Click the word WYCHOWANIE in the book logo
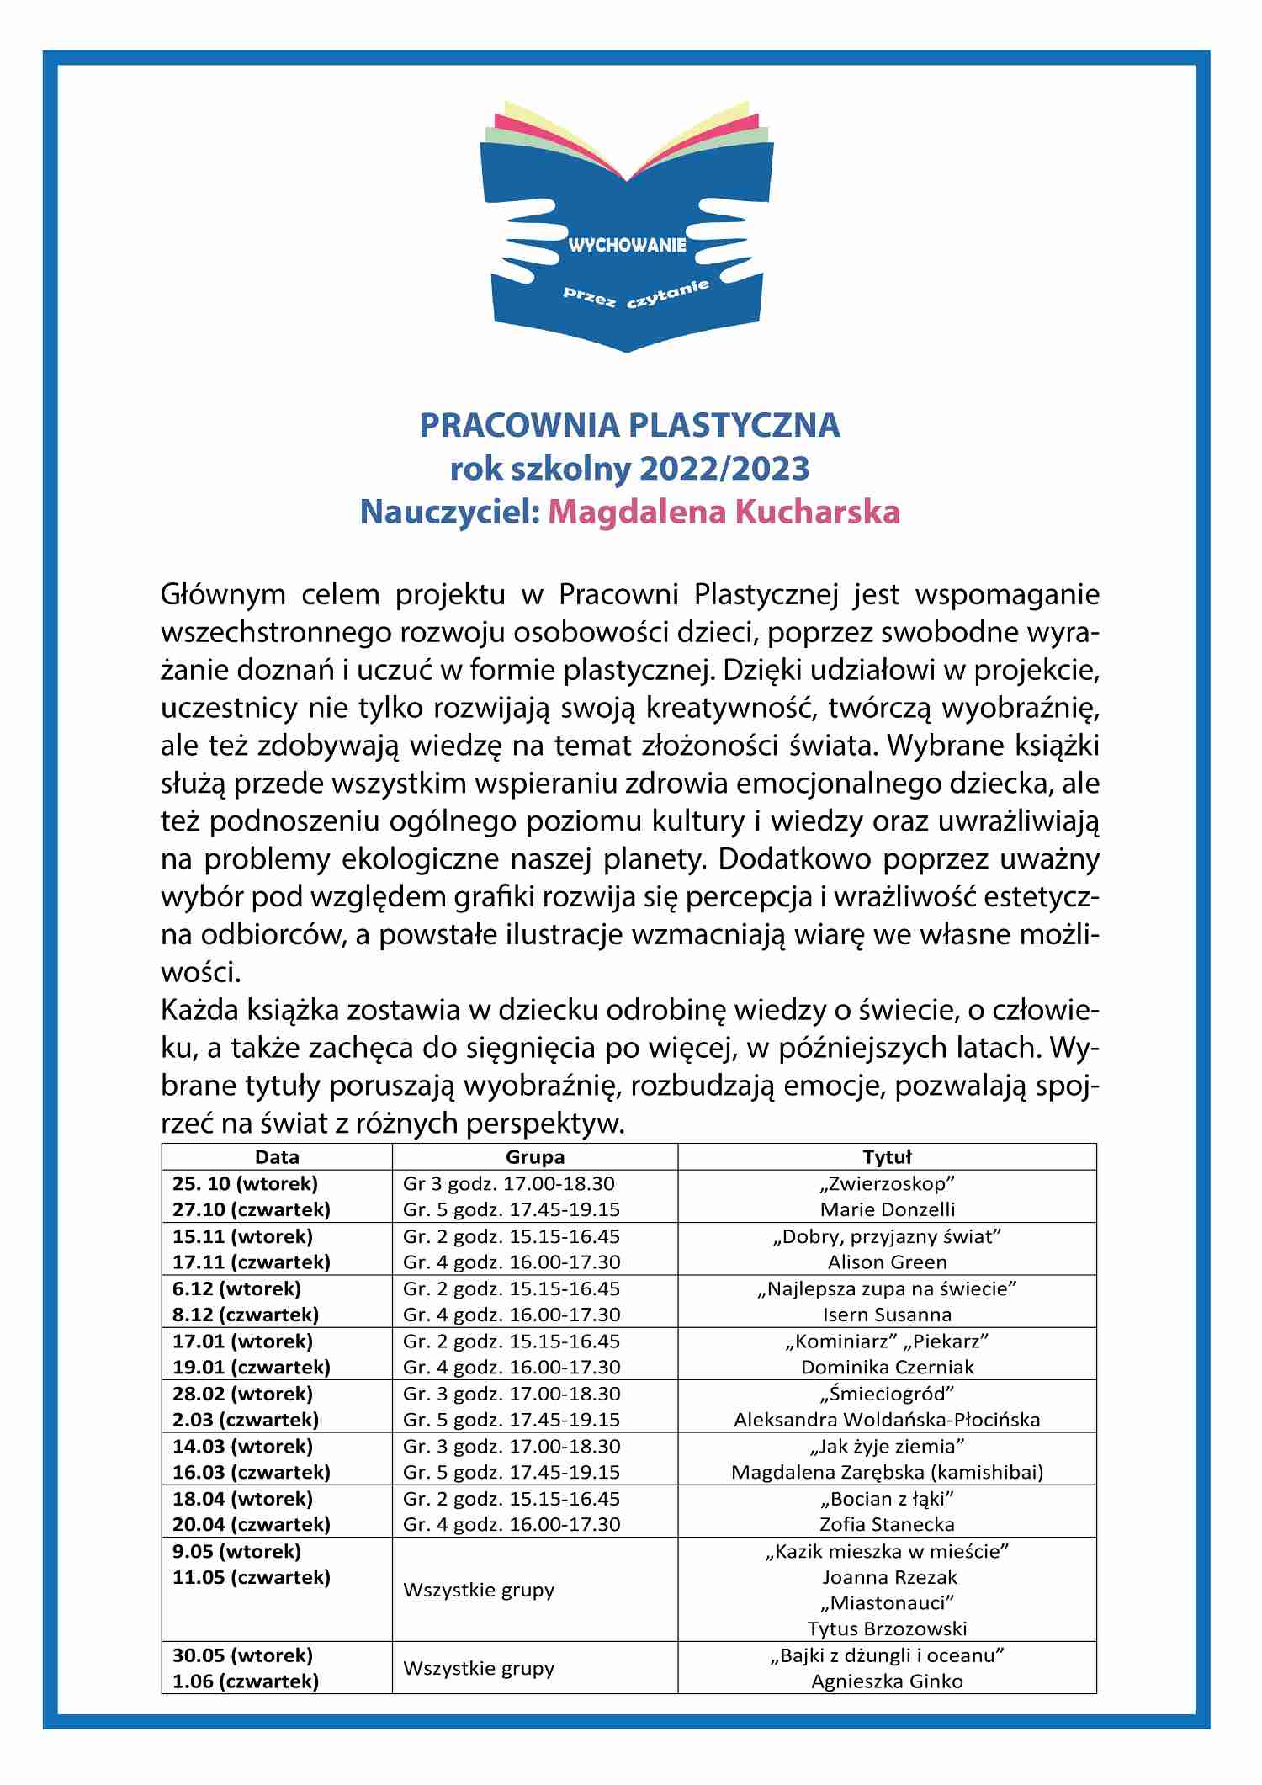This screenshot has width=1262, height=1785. coord(628,246)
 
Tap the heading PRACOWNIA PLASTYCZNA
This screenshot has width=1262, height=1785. coord(629,425)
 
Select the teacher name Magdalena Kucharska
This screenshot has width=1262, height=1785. coord(724,512)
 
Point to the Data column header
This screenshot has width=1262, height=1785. coord(277,1156)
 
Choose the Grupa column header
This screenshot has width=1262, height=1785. coord(535,1156)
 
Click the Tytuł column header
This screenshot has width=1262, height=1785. coord(887,1156)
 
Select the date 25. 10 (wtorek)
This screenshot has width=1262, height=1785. coord(245,1183)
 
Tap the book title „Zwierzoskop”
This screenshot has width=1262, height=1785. coord(887,1183)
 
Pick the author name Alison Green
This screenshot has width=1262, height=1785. coord(887,1262)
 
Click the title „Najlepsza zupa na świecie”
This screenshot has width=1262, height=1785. coord(887,1288)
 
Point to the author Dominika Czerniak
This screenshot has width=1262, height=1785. coord(887,1367)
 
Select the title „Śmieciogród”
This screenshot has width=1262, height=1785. coord(887,1394)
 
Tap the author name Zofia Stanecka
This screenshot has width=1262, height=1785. coord(887,1524)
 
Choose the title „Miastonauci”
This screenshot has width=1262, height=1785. coord(887,1602)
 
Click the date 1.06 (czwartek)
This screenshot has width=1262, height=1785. coord(246,1681)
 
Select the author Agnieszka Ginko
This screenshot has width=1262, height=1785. coord(887,1681)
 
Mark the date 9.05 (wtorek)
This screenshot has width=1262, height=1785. coord(236,1550)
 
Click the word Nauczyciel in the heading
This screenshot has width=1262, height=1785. coord(449,512)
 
